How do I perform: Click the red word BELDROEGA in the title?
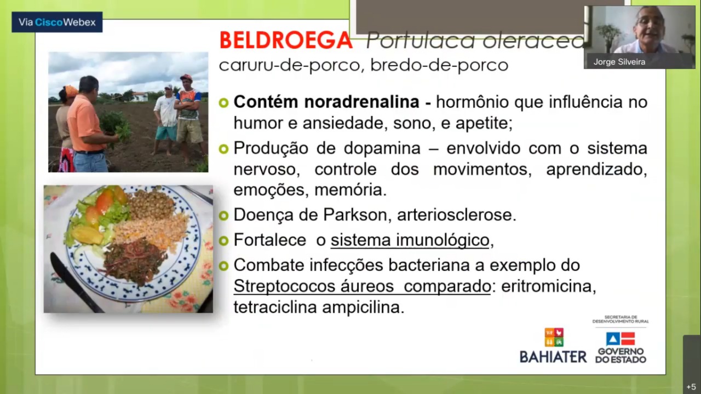point(286,40)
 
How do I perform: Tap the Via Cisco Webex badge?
point(57,22)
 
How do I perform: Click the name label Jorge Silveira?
point(619,62)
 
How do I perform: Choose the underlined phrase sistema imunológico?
point(410,240)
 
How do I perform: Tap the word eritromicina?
point(549,286)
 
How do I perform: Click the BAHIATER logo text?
point(553,357)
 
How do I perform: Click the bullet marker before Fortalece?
point(223,240)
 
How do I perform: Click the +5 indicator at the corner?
point(691,387)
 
